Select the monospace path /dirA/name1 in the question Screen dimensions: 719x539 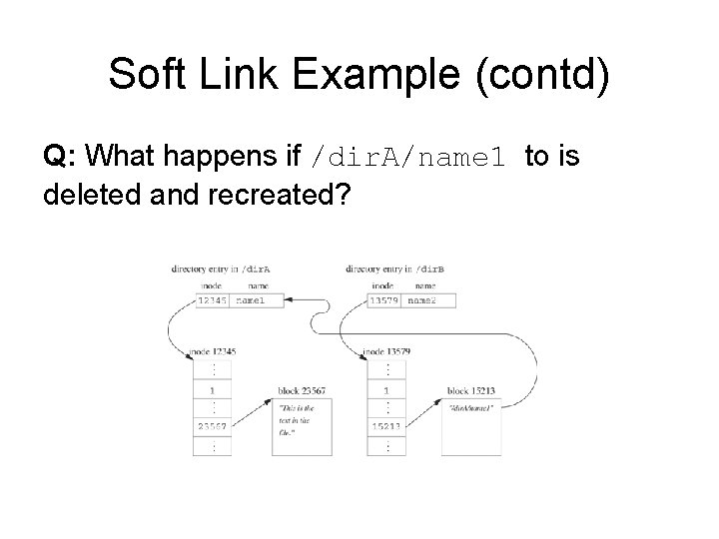pos(415,158)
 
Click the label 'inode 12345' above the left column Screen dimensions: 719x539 pos(212,351)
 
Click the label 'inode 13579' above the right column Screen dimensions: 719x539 pos(386,351)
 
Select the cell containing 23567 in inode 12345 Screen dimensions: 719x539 pos(214,425)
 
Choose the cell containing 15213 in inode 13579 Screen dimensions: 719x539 pos(386,425)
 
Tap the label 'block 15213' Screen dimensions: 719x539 pos(471,390)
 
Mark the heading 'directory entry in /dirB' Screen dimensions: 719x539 pos(393,269)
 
